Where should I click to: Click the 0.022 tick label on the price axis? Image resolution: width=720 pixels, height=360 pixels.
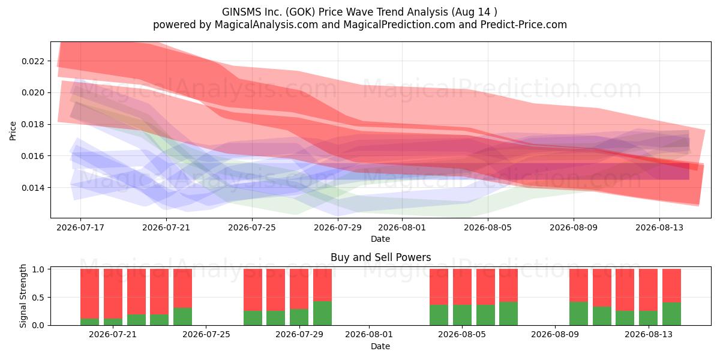tap(36, 61)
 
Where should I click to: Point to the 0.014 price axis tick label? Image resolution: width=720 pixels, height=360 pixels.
tap(36, 188)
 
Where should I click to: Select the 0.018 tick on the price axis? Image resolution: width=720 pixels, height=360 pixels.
tap(36, 124)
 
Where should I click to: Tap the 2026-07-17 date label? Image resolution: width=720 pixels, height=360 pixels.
tap(80, 227)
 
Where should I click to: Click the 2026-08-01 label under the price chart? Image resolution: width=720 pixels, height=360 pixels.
tap(402, 227)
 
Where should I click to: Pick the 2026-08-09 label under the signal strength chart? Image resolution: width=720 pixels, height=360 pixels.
tap(555, 334)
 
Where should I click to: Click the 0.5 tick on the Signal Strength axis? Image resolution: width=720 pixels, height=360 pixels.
tap(38, 298)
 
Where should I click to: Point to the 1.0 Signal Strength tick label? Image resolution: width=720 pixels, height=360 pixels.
tap(38, 269)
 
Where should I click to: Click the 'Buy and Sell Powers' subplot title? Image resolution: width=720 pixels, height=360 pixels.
tap(380, 257)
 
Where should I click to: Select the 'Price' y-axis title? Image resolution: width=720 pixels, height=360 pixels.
tap(13, 131)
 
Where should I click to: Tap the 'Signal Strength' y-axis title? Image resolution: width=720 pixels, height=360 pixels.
tap(23, 296)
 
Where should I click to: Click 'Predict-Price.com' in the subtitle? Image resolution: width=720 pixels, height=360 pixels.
tap(524, 25)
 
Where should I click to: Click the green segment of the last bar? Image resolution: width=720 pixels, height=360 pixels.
tap(671, 314)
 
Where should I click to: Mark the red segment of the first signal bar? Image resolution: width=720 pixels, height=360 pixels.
tap(89, 294)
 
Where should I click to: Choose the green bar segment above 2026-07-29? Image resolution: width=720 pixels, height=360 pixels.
tap(299, 317)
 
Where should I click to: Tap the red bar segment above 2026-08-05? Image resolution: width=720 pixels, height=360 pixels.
tap(462, 287)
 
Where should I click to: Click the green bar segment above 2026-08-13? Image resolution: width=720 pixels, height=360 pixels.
tap(649, 318)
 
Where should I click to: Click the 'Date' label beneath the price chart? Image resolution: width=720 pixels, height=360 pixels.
tap(380, 239)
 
